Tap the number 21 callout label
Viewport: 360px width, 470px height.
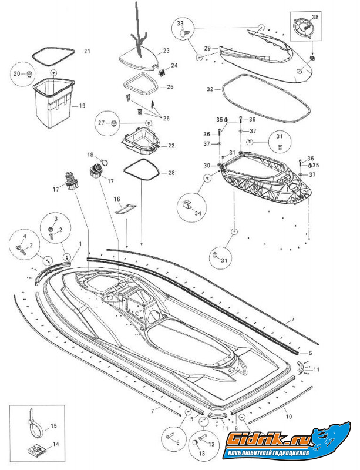[x=87, y=52]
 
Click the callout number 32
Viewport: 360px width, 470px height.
[x=210, y=90]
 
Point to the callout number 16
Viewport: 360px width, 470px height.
[x=117, y=199]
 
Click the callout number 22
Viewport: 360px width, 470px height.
[x=171, y=145]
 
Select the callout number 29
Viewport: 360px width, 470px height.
[x=207, y=48]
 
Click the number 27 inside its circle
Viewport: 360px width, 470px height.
[x=101, y=123]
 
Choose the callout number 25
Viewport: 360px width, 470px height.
[x=170, y=87]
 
